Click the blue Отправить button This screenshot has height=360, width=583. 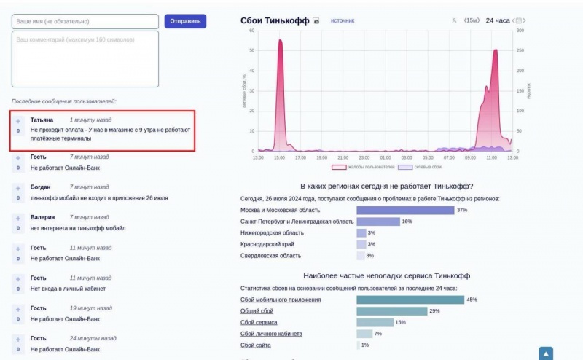tap(185, 21)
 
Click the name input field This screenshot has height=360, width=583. tap(85, 22)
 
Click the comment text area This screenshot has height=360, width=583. tap(85, 58)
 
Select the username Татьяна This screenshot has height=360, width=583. tap(42, 120)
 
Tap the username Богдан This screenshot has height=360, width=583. tap(40, 187)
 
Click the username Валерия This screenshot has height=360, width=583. tap(42, 217)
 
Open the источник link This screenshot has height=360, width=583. tap(343, 20)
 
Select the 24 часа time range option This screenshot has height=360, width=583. tap(498, 20)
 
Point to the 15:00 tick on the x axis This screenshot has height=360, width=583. tap(279, 157)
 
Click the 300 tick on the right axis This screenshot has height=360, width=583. tap(520, 31)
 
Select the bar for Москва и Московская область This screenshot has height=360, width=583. tap(404, 210)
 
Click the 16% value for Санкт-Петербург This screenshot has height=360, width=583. tap(407, 222)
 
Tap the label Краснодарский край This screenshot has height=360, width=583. tap(267, 244)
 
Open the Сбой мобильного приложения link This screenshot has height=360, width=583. tap(280, 300)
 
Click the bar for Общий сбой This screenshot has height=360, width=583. tap(391, 311)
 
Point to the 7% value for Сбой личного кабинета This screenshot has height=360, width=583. tap(377, 334)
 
